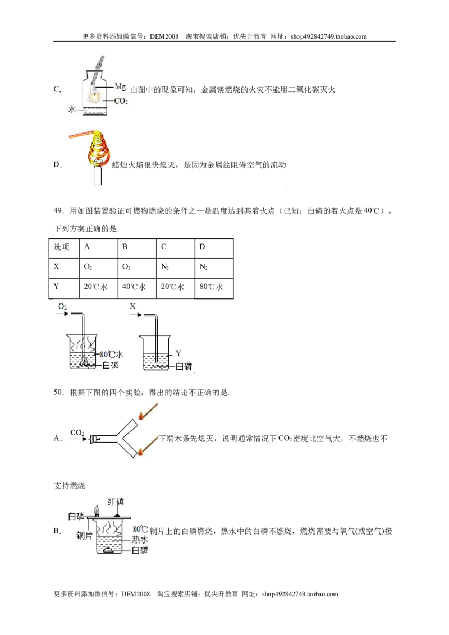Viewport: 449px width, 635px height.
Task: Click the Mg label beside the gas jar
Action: point(120,86)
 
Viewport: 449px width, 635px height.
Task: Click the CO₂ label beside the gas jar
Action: point(121,101)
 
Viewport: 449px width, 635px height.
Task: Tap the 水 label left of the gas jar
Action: point(72,109)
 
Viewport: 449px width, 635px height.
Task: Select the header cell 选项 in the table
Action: point(62,247)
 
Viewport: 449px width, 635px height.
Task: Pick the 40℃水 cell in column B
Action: point(134,287)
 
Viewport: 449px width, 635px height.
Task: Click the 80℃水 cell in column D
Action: point(211,287)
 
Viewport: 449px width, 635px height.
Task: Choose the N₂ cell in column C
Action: point(165,267)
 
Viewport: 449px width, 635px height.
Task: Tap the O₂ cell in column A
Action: point(88,267)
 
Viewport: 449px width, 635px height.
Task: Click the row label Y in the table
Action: point(56,286)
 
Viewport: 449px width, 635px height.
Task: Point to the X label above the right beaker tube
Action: point(132,306)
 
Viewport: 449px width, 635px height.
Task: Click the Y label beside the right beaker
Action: point(178,353)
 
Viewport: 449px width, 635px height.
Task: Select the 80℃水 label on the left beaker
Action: point(112,355)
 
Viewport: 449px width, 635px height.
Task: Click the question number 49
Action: point(59,210)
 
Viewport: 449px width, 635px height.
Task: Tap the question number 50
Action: point(59,392)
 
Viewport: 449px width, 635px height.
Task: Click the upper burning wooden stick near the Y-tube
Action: point(148,411)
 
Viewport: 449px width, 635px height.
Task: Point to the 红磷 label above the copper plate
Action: point(116,502)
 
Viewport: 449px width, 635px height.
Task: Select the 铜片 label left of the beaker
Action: point(84,535)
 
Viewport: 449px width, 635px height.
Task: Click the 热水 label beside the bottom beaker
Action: point(140,540)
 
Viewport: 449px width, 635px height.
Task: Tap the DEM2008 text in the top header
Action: point(164,36)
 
